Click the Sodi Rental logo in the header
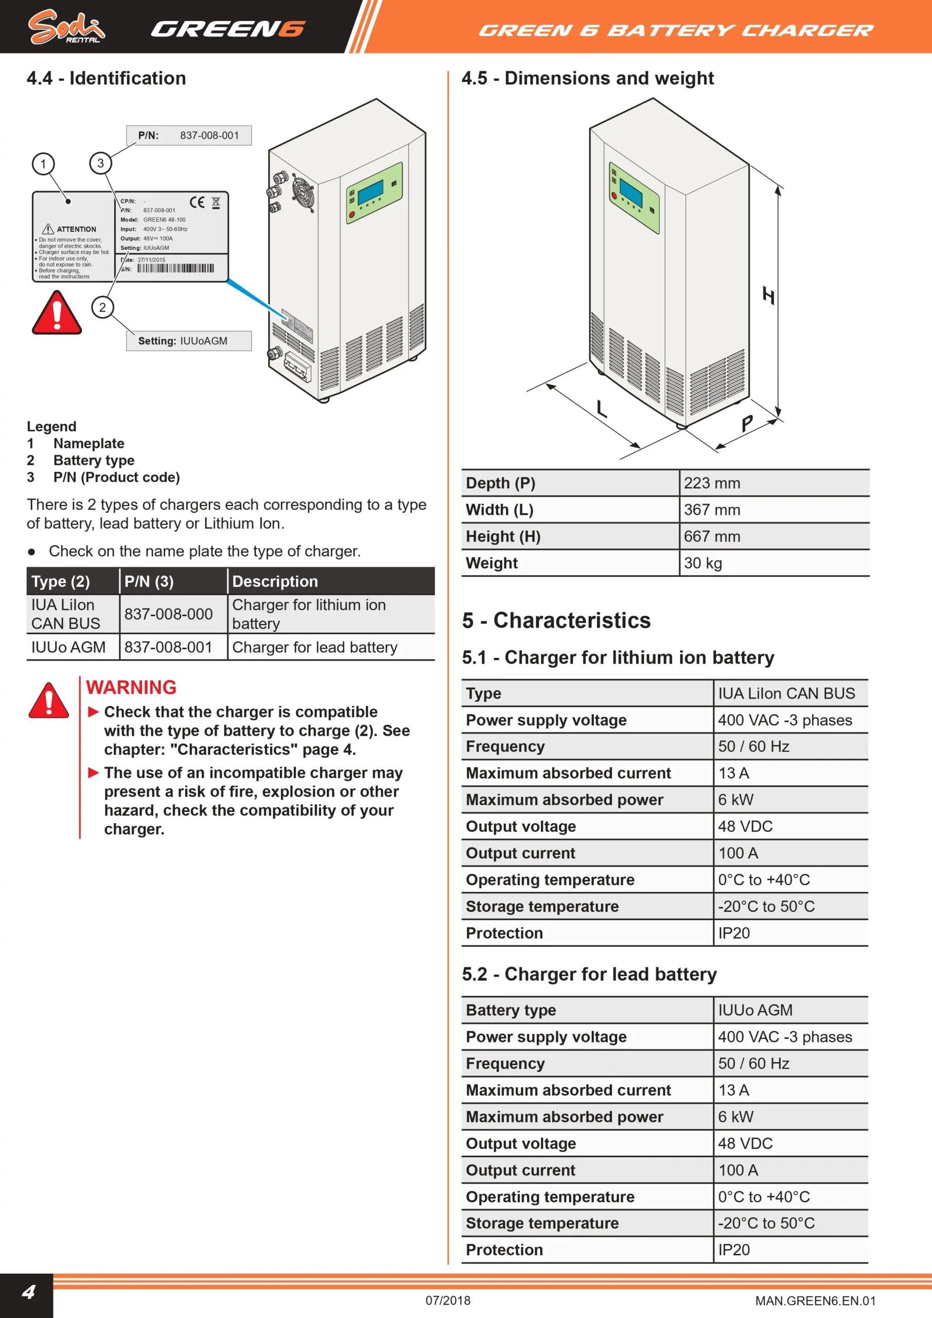coord(66,27)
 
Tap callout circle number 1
coord(43,164)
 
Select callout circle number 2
coord(103,307)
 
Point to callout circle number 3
coord(100,163)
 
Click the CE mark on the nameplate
coord(197,202)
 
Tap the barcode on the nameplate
coord(175,268)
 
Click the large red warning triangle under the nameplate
coord(57,313)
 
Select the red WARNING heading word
coord(131,687)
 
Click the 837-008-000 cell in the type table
coord(168,614)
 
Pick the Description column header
coord(275,581)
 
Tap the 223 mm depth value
coord(712,483)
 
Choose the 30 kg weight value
coord(703,563)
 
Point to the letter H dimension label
coord(768,295)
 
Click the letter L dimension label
coord(601,408)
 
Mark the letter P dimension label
coord(747,423)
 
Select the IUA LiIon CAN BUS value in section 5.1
coord(786,693)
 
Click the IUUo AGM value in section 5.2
coord(755,1010)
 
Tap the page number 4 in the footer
coord(28,1292)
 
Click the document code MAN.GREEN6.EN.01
coord(816,1301)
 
